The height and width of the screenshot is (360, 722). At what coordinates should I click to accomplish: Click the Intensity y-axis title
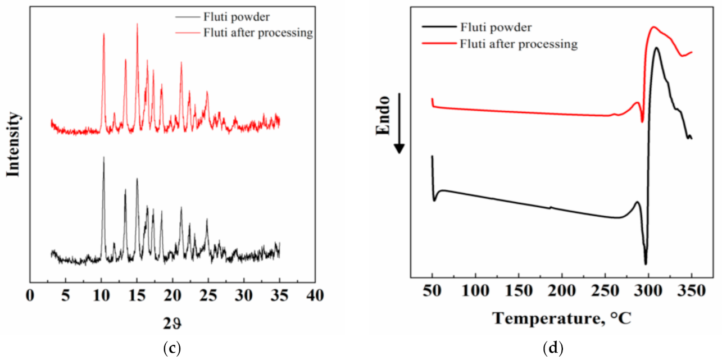point(14,144)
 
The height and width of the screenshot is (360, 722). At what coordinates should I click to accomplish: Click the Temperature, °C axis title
point(562,318)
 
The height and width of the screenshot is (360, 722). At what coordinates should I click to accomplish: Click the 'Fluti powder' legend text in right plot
point(496,26)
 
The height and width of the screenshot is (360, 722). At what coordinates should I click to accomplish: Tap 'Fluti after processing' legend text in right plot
point(518,44)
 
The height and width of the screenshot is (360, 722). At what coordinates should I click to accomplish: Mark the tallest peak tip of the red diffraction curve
point(137,24)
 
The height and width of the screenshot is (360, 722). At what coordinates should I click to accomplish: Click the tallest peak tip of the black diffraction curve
point(103,157)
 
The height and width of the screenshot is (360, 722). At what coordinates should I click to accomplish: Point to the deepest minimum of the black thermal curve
point(646,264)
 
